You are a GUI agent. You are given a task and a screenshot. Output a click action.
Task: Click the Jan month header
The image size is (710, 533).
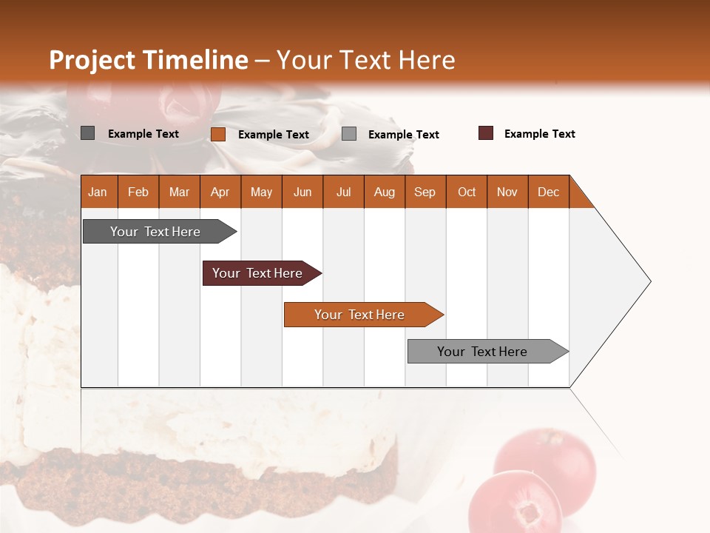[98, 192]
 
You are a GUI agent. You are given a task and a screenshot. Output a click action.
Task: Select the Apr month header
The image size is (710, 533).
[220, 192]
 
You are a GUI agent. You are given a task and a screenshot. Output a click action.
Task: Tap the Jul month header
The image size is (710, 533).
[344, 192]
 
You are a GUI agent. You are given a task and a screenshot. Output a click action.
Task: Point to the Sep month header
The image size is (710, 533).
[425, 192]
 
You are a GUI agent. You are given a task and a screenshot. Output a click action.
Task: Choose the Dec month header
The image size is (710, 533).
[549, 192]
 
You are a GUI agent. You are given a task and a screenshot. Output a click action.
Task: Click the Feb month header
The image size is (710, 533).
[138, 192]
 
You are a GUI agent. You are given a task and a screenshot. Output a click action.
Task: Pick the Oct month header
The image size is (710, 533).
[467, 192]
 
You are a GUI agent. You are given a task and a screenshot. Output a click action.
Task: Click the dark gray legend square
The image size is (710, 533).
[88, 133]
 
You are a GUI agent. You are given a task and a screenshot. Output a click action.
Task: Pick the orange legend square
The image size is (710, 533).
[218, 134]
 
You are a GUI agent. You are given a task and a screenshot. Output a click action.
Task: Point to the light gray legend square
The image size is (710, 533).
[349, 134]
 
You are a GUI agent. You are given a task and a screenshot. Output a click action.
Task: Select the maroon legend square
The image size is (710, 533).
[486, 133]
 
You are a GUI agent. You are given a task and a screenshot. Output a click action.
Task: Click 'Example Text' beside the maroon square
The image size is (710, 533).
[539, 134]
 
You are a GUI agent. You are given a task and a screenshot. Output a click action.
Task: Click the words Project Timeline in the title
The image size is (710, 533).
[149, 60]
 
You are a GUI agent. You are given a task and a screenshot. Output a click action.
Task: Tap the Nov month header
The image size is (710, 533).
[507, 192]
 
